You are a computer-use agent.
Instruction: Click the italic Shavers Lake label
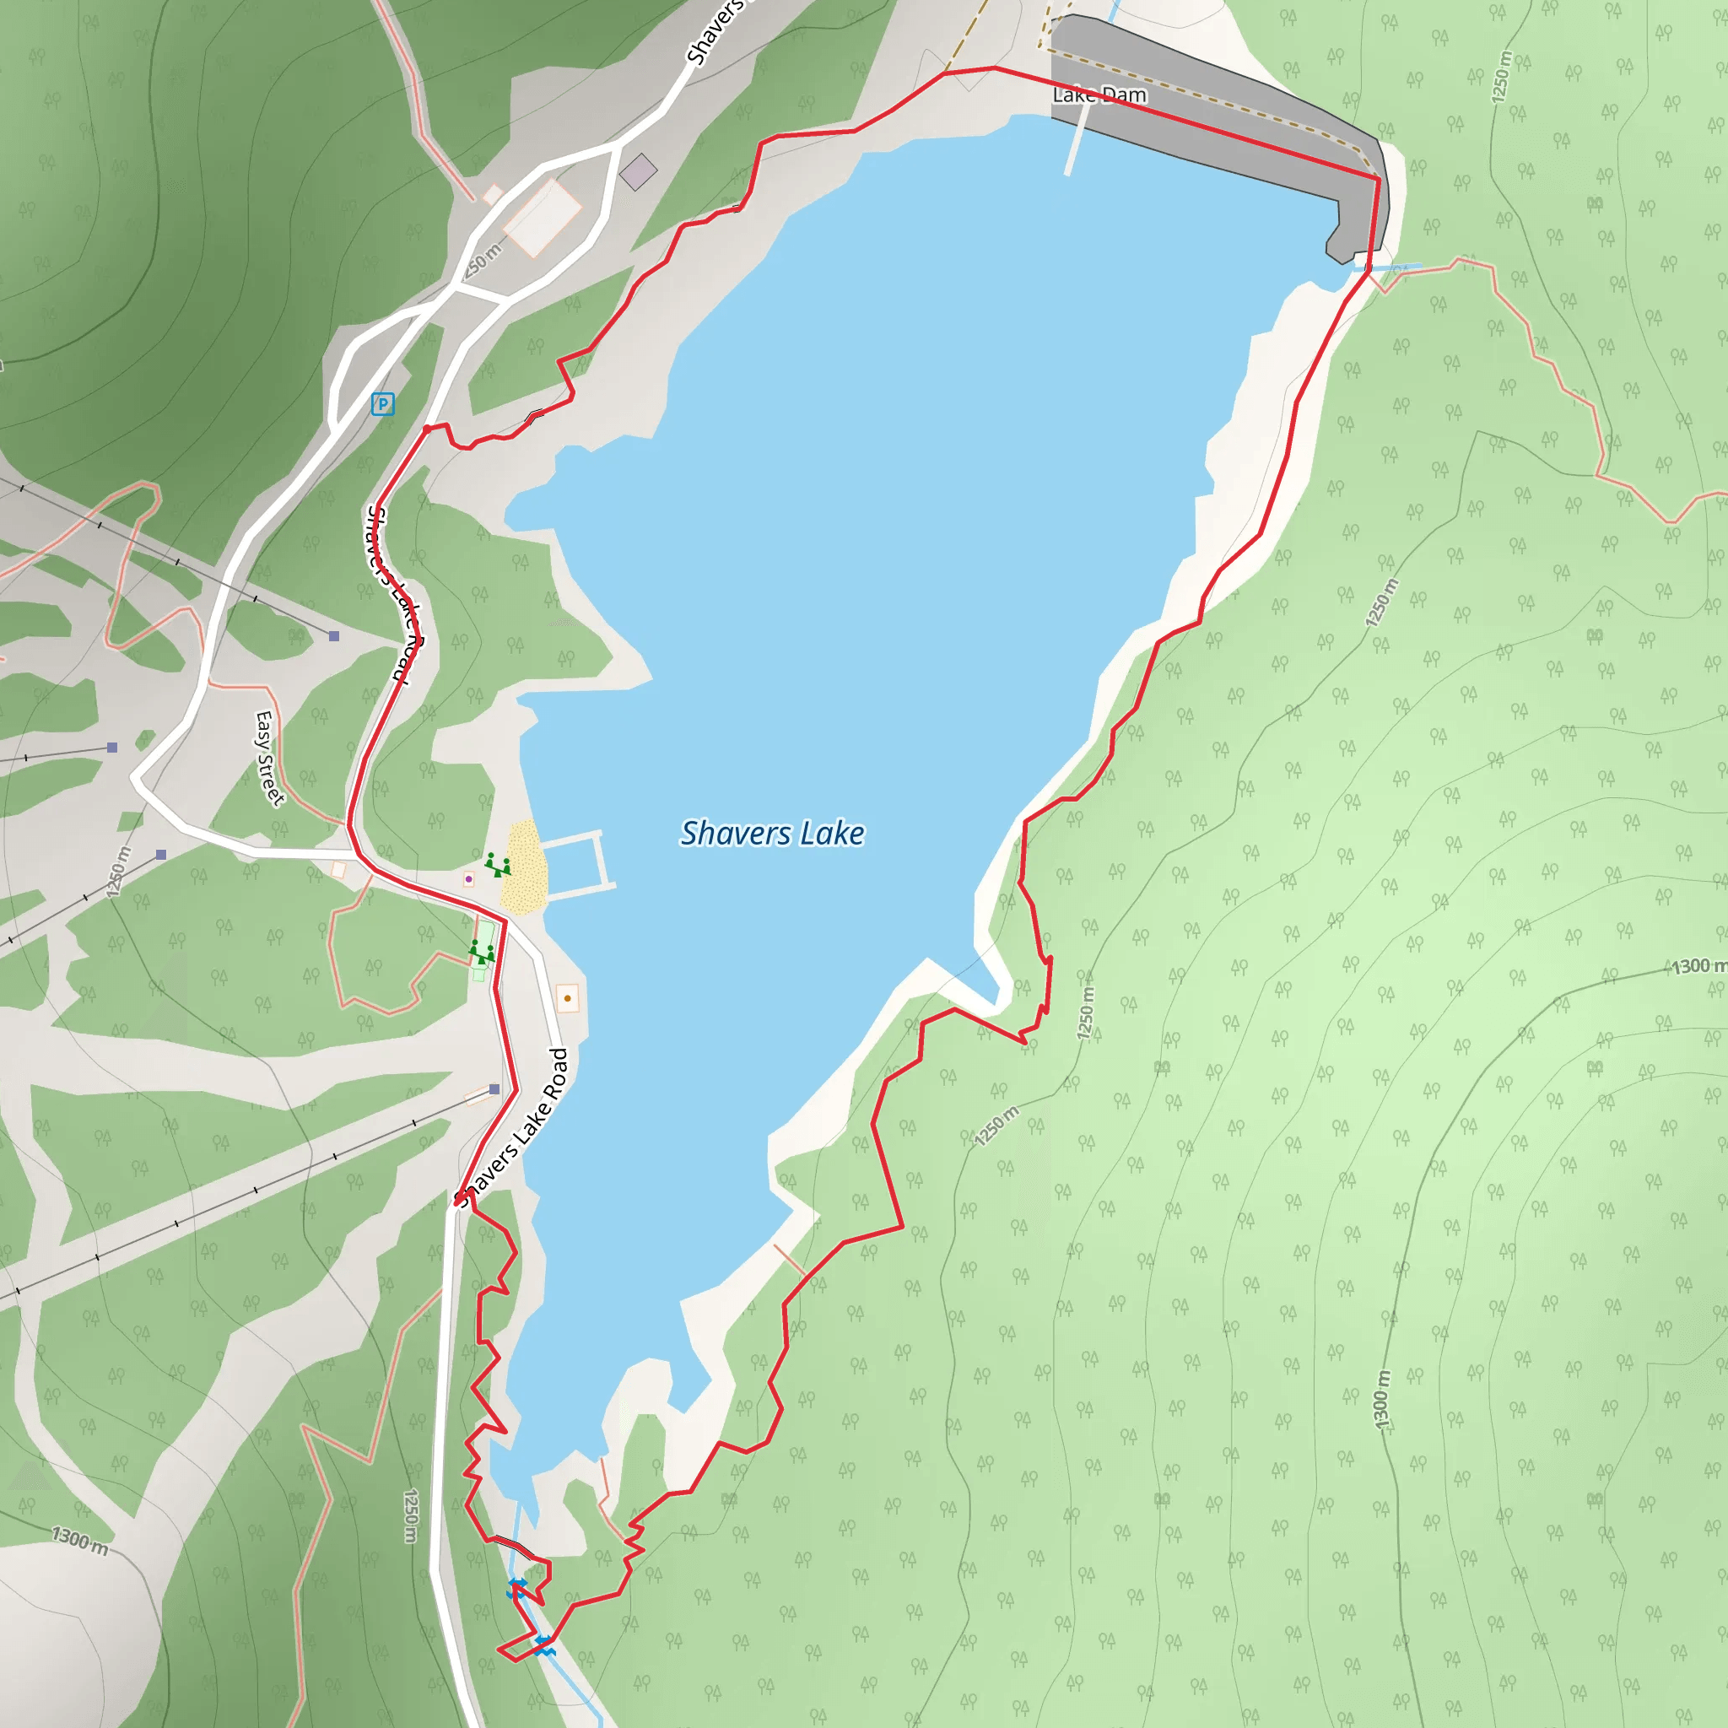(x=772, y=834)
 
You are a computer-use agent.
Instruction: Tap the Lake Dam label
(x=1099, y=94)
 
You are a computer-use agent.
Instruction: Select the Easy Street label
(x=268, y=759)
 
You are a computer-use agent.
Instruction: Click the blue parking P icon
(x=383, y=404)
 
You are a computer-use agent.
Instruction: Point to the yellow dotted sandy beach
(x=523, y=867)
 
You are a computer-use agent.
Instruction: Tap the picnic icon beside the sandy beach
(x=498, y=865)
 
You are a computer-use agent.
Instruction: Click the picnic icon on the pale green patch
(x=482, y=952)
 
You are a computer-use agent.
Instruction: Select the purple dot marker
(x=468, y=879)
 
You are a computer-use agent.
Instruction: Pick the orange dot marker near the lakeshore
(x=567, y=998)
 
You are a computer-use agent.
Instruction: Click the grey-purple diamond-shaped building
(x=639, y=172)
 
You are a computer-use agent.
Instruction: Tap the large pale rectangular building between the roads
(x=542, y=218)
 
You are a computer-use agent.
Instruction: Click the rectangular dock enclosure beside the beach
(x=577, y=863)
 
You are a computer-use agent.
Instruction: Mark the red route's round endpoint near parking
(x=428, y=429)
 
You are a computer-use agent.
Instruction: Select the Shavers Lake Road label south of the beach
(x=511, y=1129)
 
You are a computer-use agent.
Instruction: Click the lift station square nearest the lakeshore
(x=494, y=1089)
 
